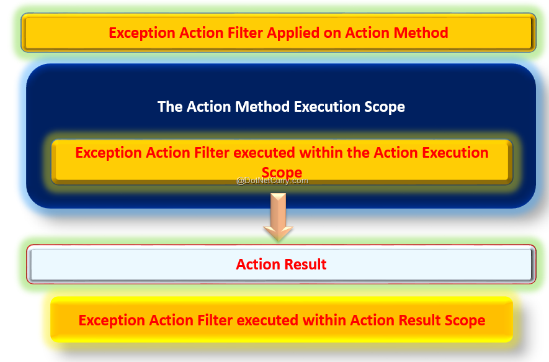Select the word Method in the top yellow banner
pos(421,33)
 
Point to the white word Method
pos(262,107)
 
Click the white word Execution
pos(327,107)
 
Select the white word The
pos(170,107)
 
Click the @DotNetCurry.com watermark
pos(272,181)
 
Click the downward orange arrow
pos(279,217)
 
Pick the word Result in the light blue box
pos(306,265)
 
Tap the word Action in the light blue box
pos(259,265)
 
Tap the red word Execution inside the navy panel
pos(455,153)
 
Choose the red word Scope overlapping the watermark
pos(282,173)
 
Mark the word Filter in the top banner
pos(245,33)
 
